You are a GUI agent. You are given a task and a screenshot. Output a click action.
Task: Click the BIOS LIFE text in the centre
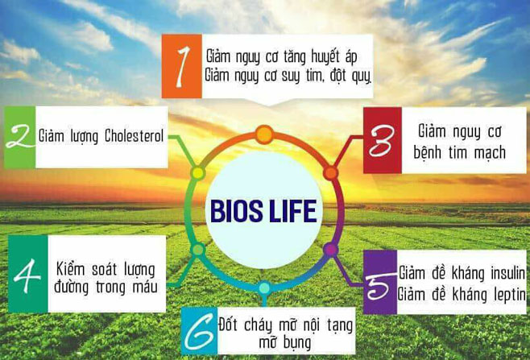263,211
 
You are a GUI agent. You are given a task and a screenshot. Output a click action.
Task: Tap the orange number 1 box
181,67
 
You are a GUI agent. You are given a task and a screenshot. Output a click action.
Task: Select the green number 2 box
19,137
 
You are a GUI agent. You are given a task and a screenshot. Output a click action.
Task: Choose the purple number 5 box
379,284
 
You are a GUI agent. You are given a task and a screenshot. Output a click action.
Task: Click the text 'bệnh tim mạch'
462,151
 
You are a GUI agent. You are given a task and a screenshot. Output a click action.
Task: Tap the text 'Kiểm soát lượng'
106,267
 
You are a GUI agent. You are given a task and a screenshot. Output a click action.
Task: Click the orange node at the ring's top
264,134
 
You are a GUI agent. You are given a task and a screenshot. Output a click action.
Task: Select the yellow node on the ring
197,173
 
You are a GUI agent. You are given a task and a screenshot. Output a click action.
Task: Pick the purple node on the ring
330,250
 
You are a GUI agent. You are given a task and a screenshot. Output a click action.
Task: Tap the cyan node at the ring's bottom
264,288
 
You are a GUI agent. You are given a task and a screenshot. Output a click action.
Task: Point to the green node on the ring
197,250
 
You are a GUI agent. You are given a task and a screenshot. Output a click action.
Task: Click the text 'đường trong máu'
106,287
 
